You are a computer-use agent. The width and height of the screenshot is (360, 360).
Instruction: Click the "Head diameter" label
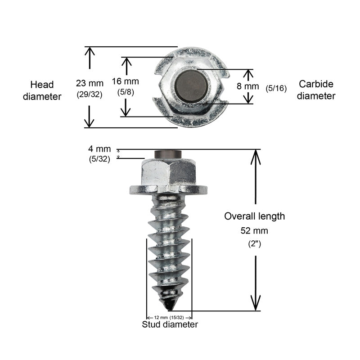pyautogui.click(x=45, y=90)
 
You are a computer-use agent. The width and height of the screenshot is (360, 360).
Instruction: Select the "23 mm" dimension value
pyautogui.click(x=90, y=83)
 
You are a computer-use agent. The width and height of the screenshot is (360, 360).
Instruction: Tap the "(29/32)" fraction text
pyautogui.click(x=90, y=95)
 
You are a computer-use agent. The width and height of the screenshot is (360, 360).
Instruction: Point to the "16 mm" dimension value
pyautogui.click(x=125, y=81)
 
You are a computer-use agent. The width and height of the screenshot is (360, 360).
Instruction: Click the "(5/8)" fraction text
pyautogui.click(x=125, y=92)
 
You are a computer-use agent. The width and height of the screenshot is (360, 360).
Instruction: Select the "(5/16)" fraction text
pyautogui.click(x=276, y=88)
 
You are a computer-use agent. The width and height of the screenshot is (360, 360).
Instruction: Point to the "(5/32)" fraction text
pyautogui.click(x=99, y=158)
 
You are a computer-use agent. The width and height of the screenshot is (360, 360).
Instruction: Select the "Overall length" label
pyautogui.click(x=255, y=216)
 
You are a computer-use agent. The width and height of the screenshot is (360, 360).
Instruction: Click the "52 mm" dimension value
pyautogui.click(x=255, y=231)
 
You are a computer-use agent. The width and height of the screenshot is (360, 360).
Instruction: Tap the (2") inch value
pyautogui.click(x=255, y=245)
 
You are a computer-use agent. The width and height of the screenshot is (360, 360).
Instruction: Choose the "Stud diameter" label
pyautogui.click(x=170, y=324)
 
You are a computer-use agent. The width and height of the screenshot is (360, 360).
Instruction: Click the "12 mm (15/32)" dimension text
pyautogui.click(x=169, y=316)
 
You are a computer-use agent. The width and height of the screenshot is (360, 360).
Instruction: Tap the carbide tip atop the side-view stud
pyautogui.click(x=167, y=154)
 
